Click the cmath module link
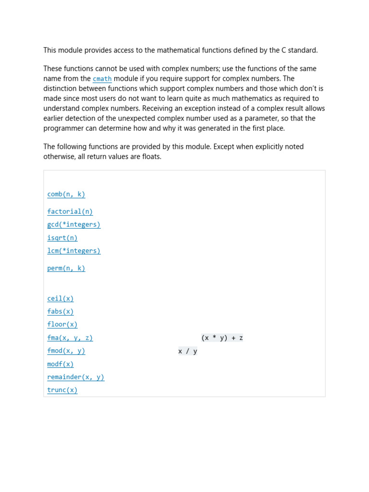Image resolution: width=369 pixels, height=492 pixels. pyautogui.click(x=102, y=79)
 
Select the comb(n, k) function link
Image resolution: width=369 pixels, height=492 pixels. pyautogui.click(x=66, y=194)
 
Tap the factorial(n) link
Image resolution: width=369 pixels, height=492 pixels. pyautogui.click(x=70, y=211)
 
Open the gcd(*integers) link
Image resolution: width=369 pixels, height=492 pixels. pyautogui.click(x=74, y=224)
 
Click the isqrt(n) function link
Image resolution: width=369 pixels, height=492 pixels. pyautogui.click(x=62, y=238)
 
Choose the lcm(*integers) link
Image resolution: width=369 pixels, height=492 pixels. pyautogui.click(x=74, y=251)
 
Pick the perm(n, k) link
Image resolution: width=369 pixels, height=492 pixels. pyautogui.click(x=66, y=268)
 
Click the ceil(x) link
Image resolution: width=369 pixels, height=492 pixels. pyautogui.click(x=60, y=298)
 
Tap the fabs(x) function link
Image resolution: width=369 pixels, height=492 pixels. pyautogui.click(x=60, y=311)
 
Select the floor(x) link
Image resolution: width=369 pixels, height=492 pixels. pyautogui.click(x=62, y=324)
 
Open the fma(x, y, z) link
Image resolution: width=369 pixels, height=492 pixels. pyautogui.click(x=70, y=338)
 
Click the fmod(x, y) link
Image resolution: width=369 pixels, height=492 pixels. pyautogui.click(x=66, y=351)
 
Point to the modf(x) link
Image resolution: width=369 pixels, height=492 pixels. pyautogui.click(x=60, y=364)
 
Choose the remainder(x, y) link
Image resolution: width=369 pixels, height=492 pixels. pyautogui.click(x=75, y=377)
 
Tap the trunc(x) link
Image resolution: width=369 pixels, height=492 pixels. pyautogui.click(x=62, y=390)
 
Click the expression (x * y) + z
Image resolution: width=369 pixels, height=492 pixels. pyautogui.click(x=222, y=338)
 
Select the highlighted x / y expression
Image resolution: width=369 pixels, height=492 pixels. pyautogui.click(x=187, y=351)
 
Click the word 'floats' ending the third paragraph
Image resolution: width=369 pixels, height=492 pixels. pyautogui.click(x=149, y=157)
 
